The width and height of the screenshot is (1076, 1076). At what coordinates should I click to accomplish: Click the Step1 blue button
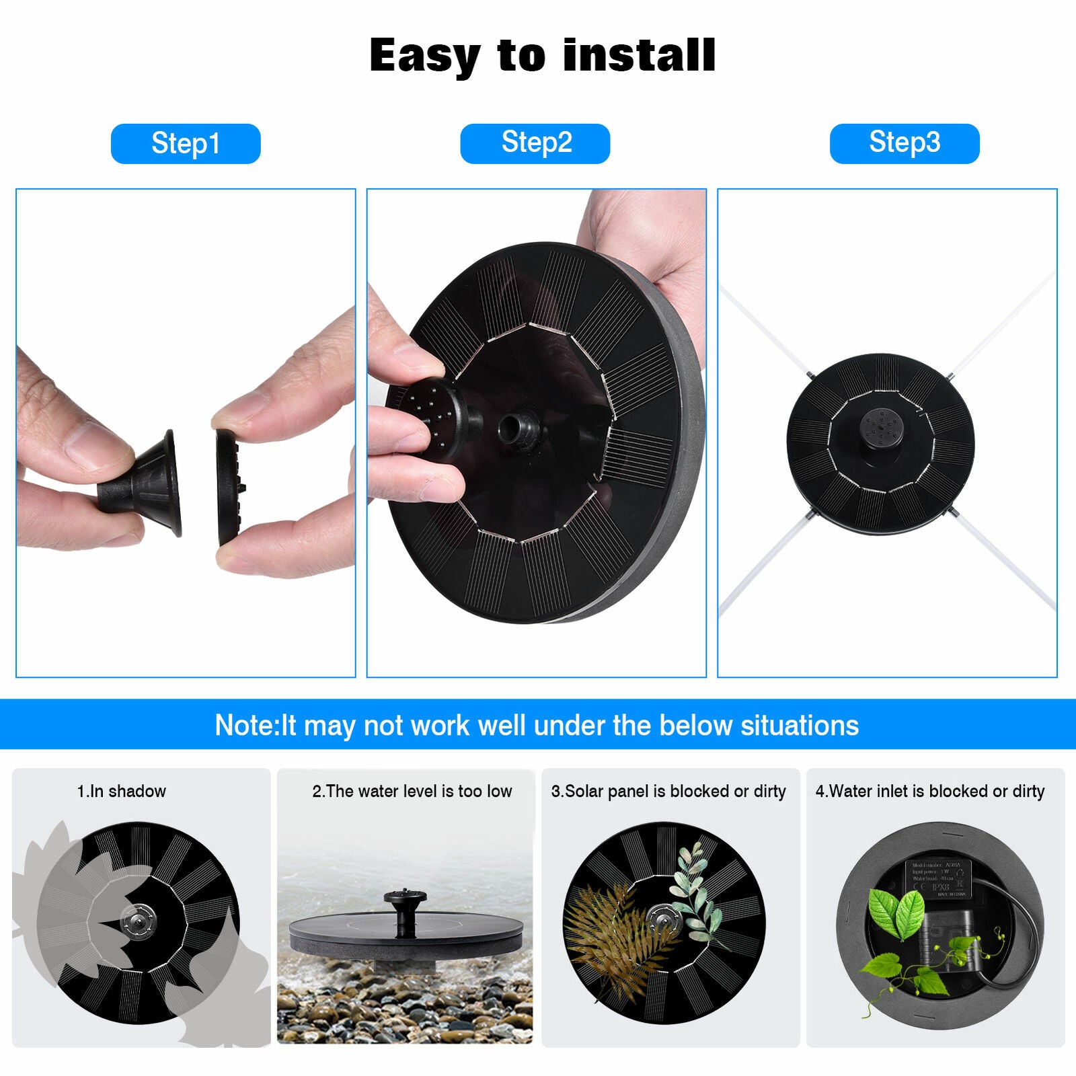[x=185, y=143]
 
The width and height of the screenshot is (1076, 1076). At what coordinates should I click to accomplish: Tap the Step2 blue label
[x=535, y=143]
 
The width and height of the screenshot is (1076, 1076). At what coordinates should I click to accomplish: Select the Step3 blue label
[x=904, y=143]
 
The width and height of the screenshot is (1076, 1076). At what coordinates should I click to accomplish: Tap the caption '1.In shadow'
[x=121, y=792]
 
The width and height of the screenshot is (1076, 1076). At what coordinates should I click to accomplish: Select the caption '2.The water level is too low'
[x=412, y=792]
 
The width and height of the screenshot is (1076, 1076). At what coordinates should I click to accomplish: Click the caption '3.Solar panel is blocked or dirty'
[x=668, y=792]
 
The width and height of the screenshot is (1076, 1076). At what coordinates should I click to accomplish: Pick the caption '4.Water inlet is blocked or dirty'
[x=930, y=792]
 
